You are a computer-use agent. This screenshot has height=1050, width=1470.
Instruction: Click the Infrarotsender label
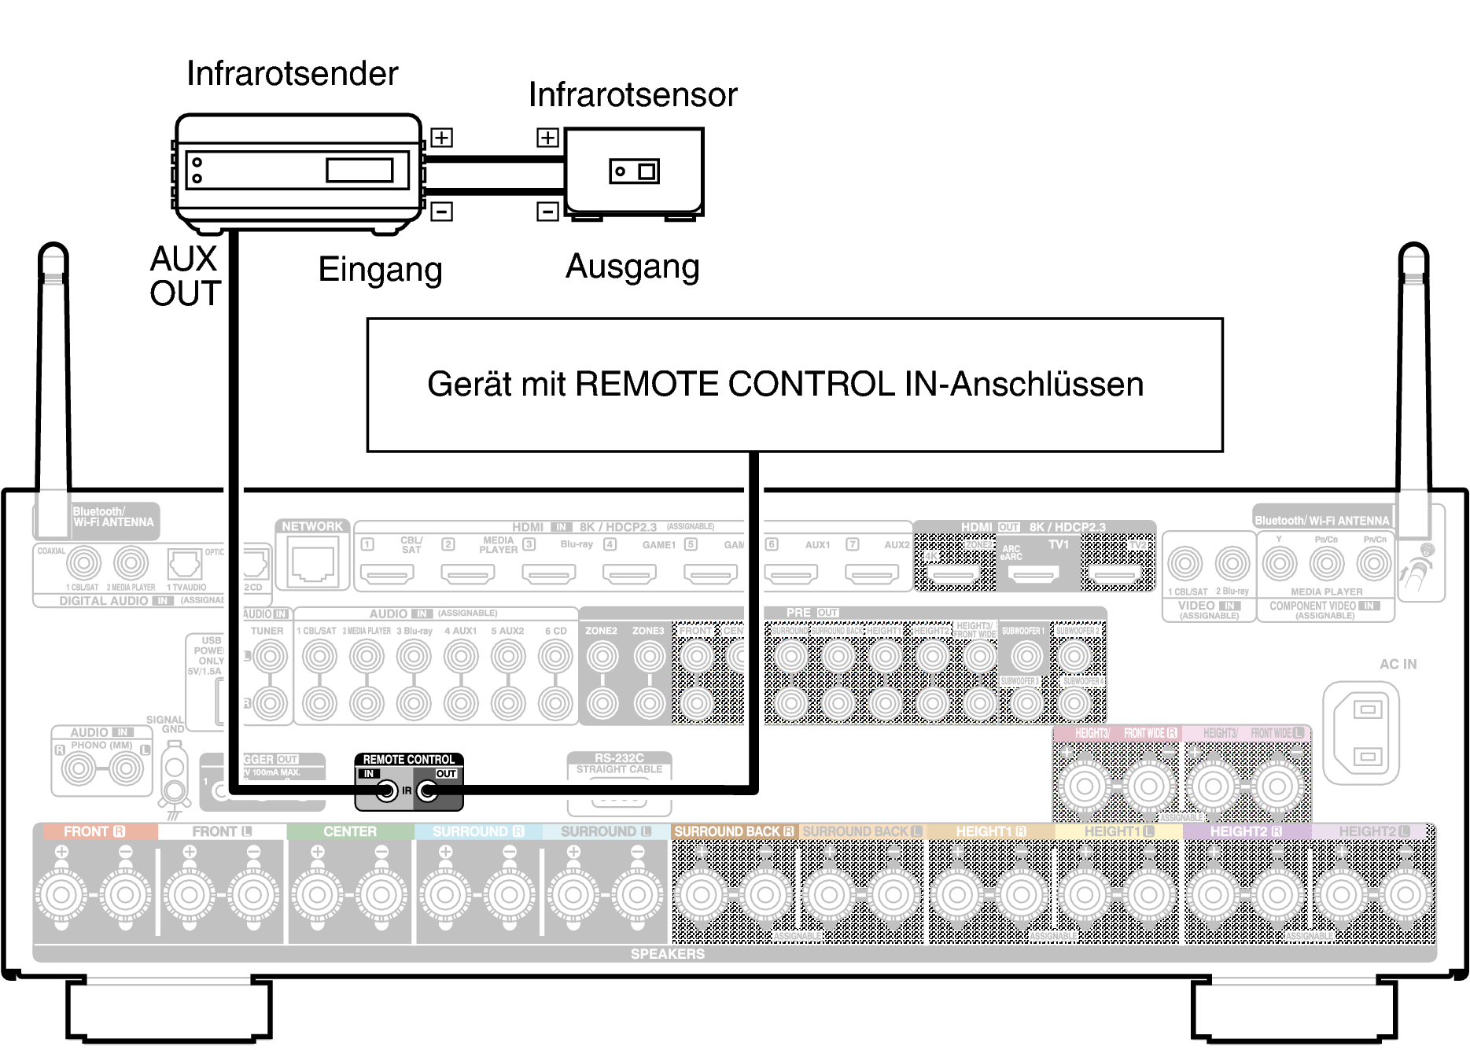click(x=292, y=73)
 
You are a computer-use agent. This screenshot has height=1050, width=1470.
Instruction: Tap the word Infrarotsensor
click(x=632, y=94)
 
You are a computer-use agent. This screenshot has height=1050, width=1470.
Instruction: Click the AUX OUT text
click(x=185, y=276)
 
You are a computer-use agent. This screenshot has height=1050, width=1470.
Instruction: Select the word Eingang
click(x=380, y=269)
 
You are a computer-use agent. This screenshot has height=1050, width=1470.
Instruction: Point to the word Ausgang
click(x=632, y=267)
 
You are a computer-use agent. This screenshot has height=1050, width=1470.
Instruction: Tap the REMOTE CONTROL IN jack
click(x=386, y=790)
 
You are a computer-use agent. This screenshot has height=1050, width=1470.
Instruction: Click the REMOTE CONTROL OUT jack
click(x=428, y=790)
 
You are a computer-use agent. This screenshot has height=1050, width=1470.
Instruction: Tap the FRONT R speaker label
click(x=94, y=831)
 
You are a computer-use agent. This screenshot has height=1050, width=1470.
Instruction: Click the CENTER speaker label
click(x=350, y=831)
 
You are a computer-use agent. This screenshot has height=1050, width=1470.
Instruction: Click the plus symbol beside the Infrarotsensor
click(x=547, y=138)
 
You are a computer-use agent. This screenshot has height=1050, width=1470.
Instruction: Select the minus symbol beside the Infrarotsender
click(x=441, y=211)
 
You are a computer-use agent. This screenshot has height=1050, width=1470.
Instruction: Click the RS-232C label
click(x=619, y=757)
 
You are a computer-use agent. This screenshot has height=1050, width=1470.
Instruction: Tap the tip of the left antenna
click(x=53, y=250)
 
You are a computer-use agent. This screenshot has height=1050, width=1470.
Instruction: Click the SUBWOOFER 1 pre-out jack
click(x=1026, y=655)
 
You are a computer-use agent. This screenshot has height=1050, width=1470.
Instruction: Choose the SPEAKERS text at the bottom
click(x=667, y=953)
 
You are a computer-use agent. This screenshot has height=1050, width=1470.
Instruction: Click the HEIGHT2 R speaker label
click(x=1246, y=831)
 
